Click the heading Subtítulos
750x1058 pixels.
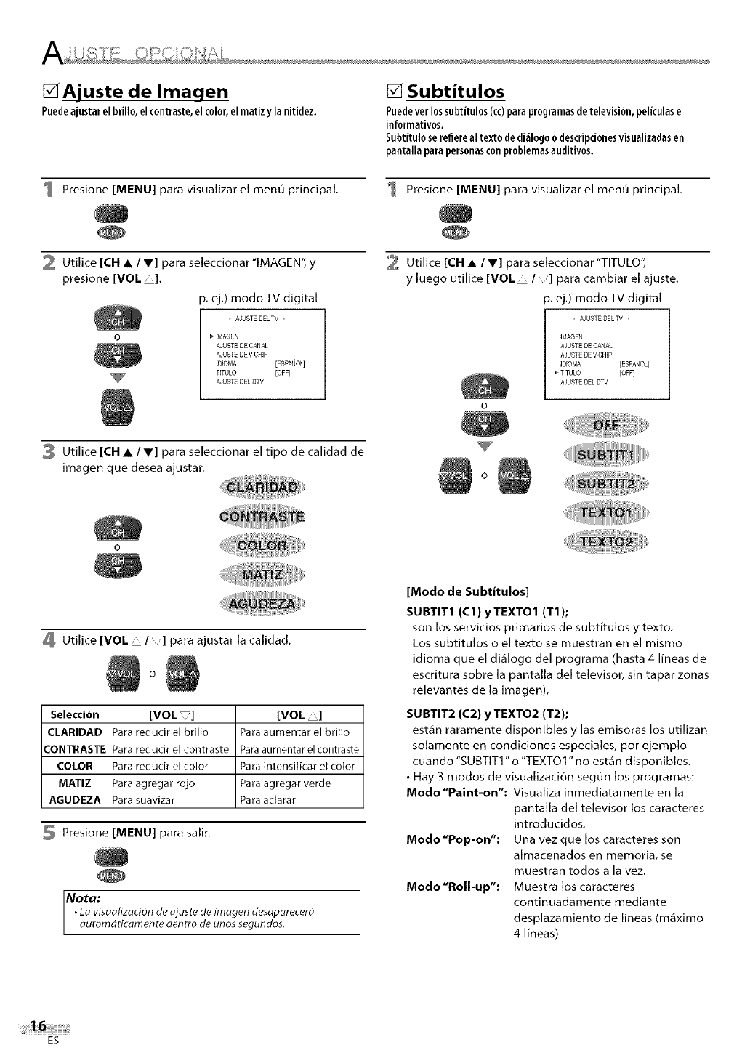456,92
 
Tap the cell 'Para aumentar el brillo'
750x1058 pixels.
294,732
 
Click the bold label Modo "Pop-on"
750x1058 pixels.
452,839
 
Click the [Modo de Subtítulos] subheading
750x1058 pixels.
467,589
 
